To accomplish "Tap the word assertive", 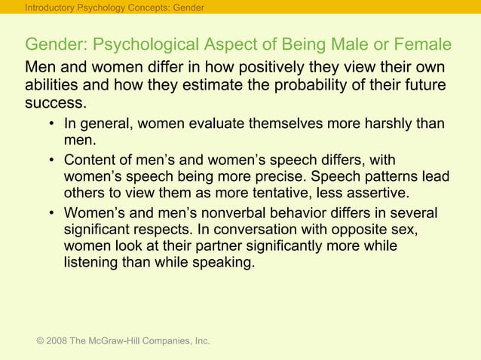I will coord(369,192).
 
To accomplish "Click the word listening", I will coord(94,264).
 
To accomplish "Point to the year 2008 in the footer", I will coord(56,341).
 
